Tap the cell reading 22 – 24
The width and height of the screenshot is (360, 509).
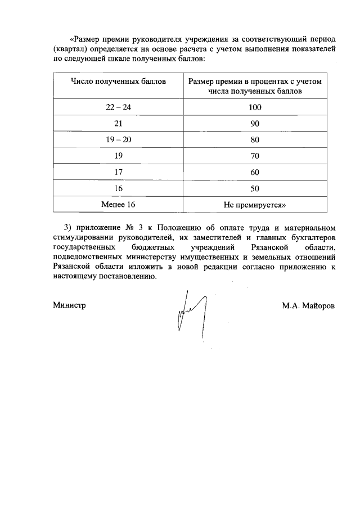pyautogui.click(x=118, y=107)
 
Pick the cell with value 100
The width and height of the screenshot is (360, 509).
pyautogui.click(x=255, y=107)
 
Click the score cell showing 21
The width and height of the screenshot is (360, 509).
pyautogui.click(x=118, y=123)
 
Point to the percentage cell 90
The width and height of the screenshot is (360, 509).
pyautogui.click(x=255, y=123)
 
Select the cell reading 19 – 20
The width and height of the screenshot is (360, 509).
pyautogui.click(x=118, y=139)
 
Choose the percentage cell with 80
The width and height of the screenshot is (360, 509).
pyautogui.click(x=255, y=139)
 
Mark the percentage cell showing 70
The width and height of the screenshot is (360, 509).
pyautogui.click(x=255, y=156)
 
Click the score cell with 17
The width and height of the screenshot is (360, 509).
pyautogui.click(x=118, y=172)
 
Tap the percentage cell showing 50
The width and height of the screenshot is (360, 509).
pyautogui.click(x=255, y=188)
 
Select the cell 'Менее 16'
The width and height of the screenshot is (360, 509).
pyautogui.click(x=118, y=204)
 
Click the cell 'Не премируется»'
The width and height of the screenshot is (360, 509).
pyautogui.click(x=255, y=204)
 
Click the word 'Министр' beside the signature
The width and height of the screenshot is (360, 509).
pyautogui.click(x=69, y=305)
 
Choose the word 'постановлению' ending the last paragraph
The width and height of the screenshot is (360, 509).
pyautogui.click(x=126, y=276)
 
